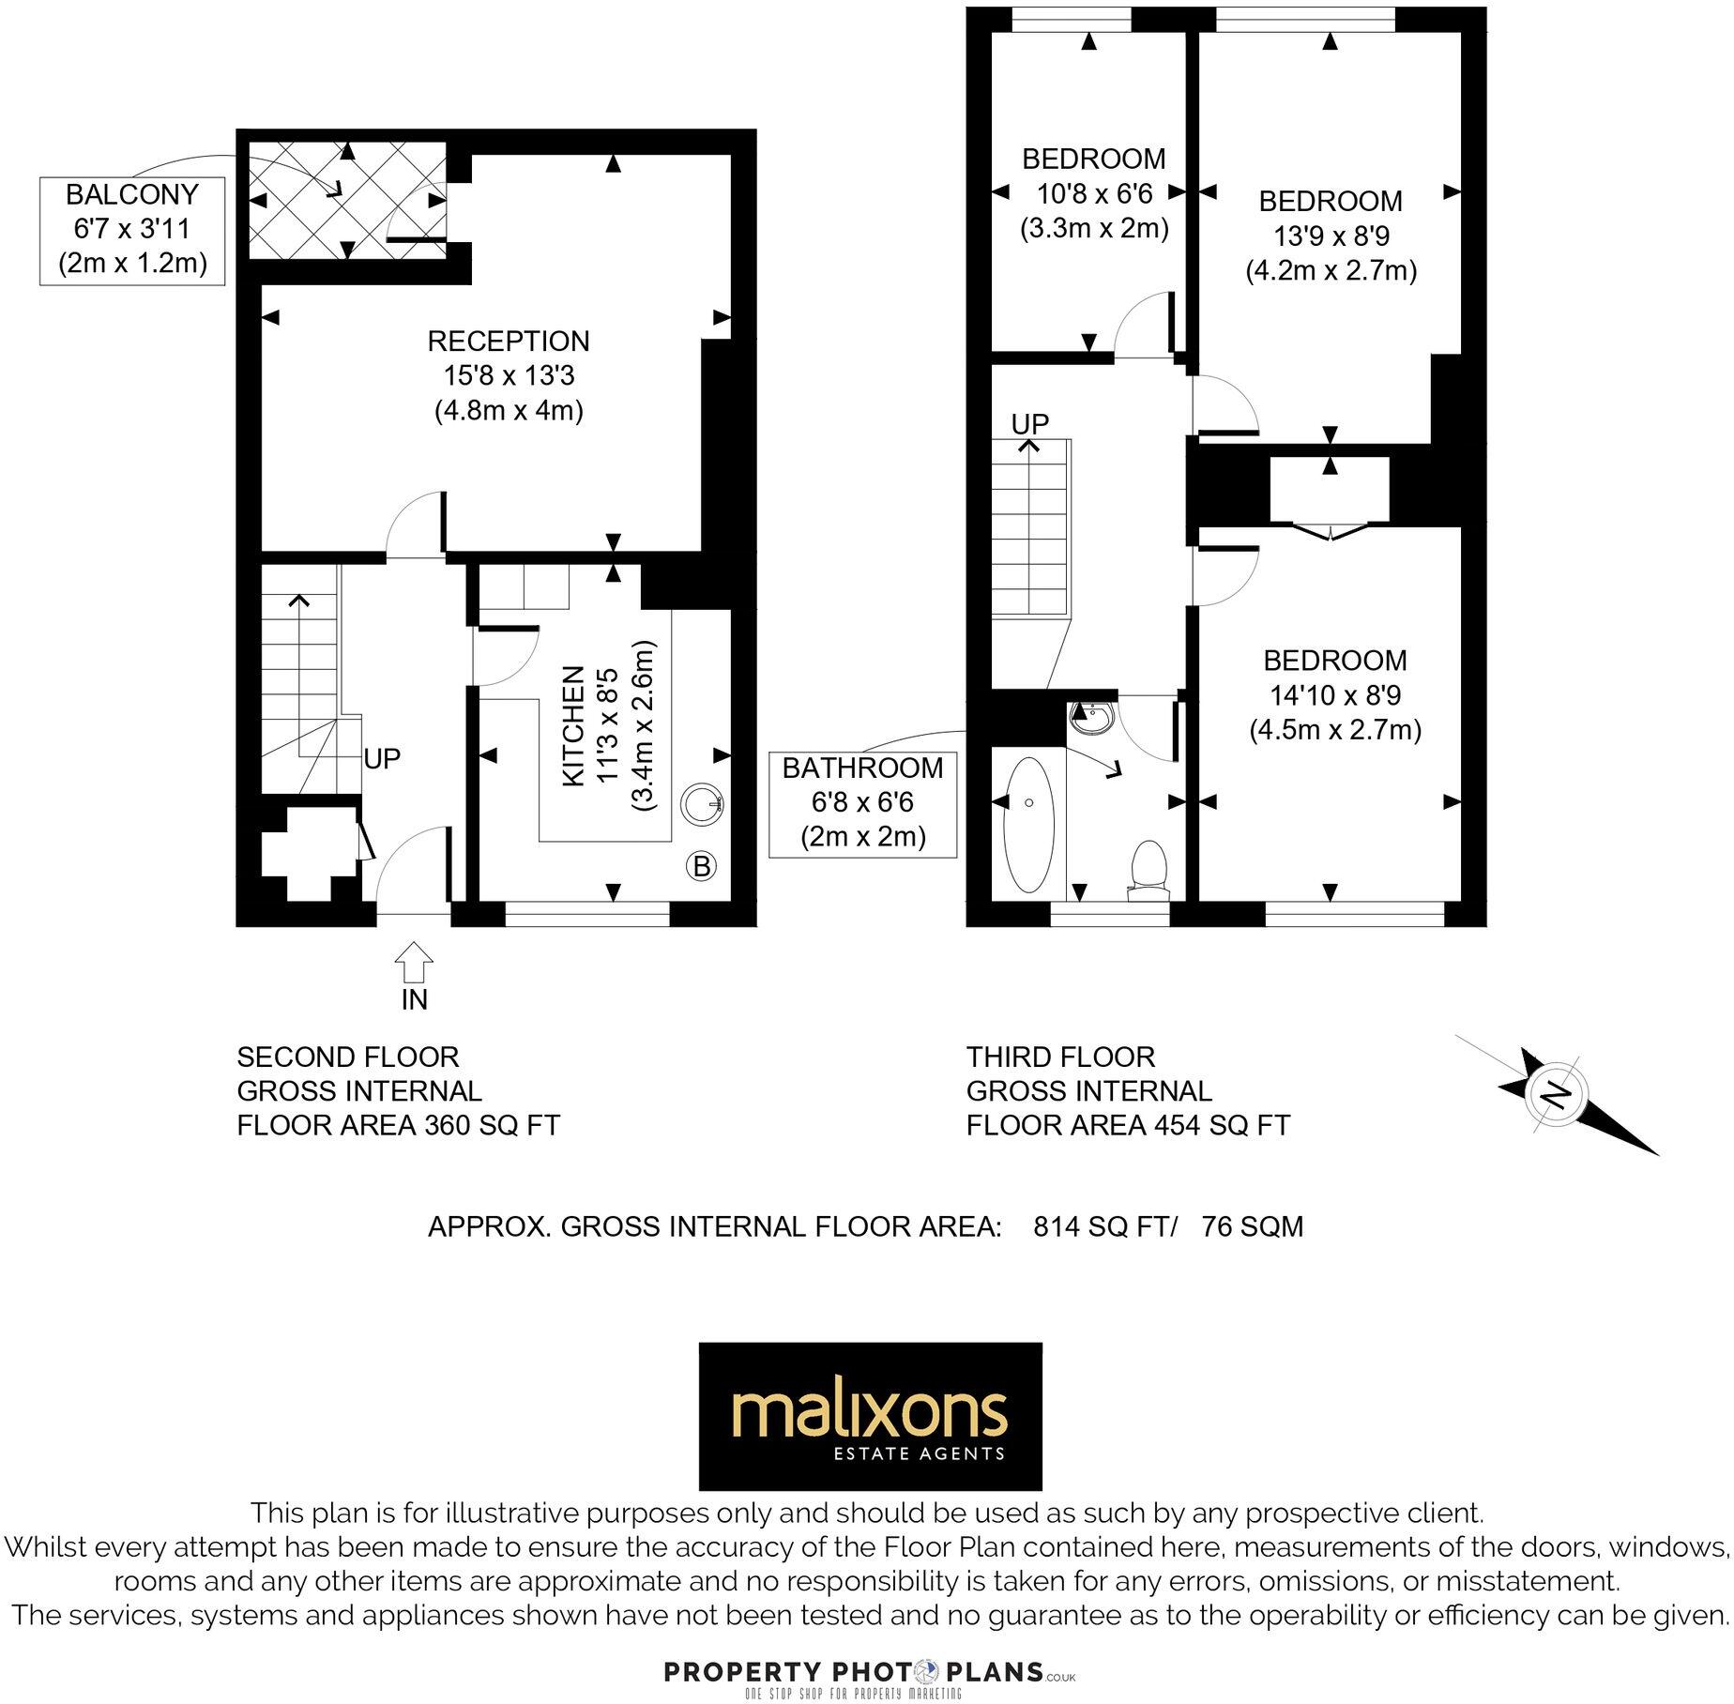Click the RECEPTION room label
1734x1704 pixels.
(x=509, y=342)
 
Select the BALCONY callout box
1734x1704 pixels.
(x=132, y=230)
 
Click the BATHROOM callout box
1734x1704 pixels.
(x=862, y=803)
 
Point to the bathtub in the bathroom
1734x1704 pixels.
(x=1029, y=825)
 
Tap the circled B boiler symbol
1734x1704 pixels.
(x=702, y=866)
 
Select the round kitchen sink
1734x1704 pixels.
(x=702, y=803)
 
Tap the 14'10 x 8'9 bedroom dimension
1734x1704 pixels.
(x=1335, y=695)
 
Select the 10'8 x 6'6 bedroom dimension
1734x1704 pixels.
(x=1094, y=194)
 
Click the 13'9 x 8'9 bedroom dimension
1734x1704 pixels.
(x=1331, y=236)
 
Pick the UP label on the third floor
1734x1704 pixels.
(x=1029, y=424)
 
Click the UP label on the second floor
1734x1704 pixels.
(x=382, y=758)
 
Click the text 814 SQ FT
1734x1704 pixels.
(x=1103, y=1226)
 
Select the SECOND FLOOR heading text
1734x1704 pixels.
(x=348, y=1057)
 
